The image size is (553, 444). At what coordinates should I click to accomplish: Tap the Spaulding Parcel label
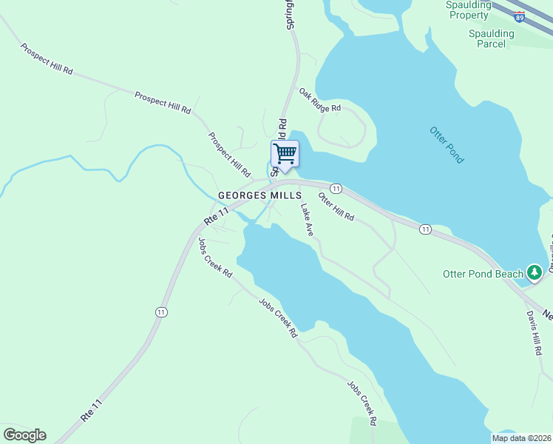491,38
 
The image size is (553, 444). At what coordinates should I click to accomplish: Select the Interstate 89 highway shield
520,16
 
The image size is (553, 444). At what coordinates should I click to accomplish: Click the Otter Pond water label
447,145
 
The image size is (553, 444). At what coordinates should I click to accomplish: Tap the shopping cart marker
285,155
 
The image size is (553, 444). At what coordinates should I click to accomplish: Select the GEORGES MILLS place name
259,195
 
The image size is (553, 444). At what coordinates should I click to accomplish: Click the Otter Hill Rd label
336,206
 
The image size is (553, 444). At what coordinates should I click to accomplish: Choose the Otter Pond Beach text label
483,274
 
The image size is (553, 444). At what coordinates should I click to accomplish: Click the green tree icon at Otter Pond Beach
535,272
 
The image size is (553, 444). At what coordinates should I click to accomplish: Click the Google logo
24,435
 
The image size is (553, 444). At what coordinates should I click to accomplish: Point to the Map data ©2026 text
521,438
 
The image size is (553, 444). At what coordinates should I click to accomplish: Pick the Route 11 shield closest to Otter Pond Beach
425,229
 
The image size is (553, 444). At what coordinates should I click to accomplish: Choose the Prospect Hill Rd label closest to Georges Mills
229,155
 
